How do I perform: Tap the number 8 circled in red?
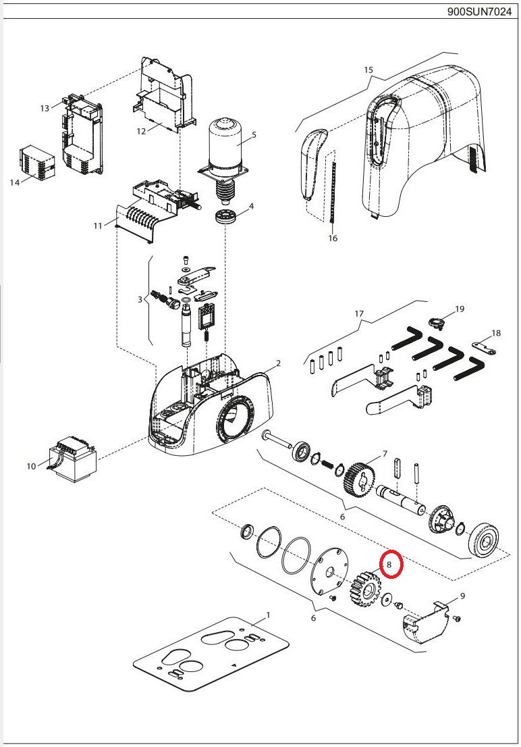pos(389,564)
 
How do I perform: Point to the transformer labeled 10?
pos(72,461)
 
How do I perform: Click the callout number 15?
pos(368,70)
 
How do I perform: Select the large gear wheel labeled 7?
pos(361,480)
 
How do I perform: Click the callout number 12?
pos(141,131)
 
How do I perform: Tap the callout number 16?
pos(332,238)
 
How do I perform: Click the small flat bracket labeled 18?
pos(484,347)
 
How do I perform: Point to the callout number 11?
pos(98,226)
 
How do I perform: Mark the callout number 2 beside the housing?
pos(278,364)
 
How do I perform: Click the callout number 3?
pos(140,299)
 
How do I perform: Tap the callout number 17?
pos(358,313)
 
